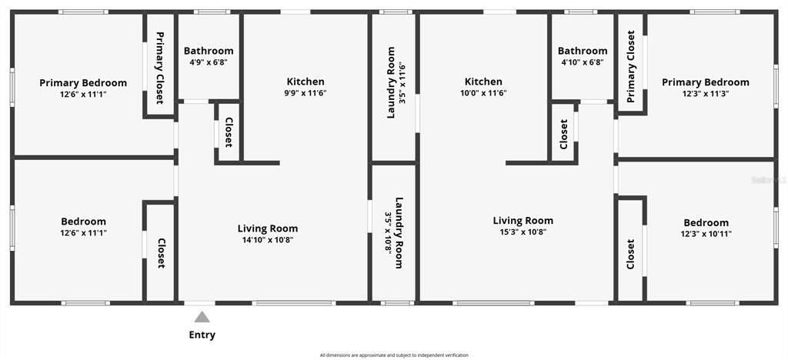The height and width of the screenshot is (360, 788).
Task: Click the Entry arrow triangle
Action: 202,316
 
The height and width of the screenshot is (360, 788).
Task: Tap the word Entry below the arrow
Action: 202,335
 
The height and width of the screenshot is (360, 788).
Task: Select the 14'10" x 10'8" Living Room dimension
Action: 267,240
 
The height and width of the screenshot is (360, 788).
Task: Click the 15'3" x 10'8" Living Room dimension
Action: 523,232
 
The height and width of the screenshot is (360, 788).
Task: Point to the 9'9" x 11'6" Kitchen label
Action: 306,92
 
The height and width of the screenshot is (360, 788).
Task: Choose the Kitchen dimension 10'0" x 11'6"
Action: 483,92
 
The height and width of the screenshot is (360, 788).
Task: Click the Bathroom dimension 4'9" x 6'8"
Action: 209,62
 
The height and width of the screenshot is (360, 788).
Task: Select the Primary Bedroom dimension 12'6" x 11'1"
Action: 83,95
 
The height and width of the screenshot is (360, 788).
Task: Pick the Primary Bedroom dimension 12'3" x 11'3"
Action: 705,93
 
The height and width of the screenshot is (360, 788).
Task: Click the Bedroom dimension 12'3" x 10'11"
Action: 706,234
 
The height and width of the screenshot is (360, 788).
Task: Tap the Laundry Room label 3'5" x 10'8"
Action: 394,233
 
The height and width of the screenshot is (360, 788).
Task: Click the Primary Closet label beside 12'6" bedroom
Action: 160,68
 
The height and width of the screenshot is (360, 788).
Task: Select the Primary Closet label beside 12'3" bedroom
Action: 631,66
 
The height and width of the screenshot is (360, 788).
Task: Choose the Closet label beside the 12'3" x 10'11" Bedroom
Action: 631,254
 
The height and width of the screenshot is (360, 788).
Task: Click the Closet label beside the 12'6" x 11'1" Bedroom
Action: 161,253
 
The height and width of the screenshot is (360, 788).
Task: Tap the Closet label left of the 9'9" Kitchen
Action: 229,132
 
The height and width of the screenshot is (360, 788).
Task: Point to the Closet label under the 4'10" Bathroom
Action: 564,135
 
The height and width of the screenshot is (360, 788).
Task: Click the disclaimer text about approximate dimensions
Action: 394,355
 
